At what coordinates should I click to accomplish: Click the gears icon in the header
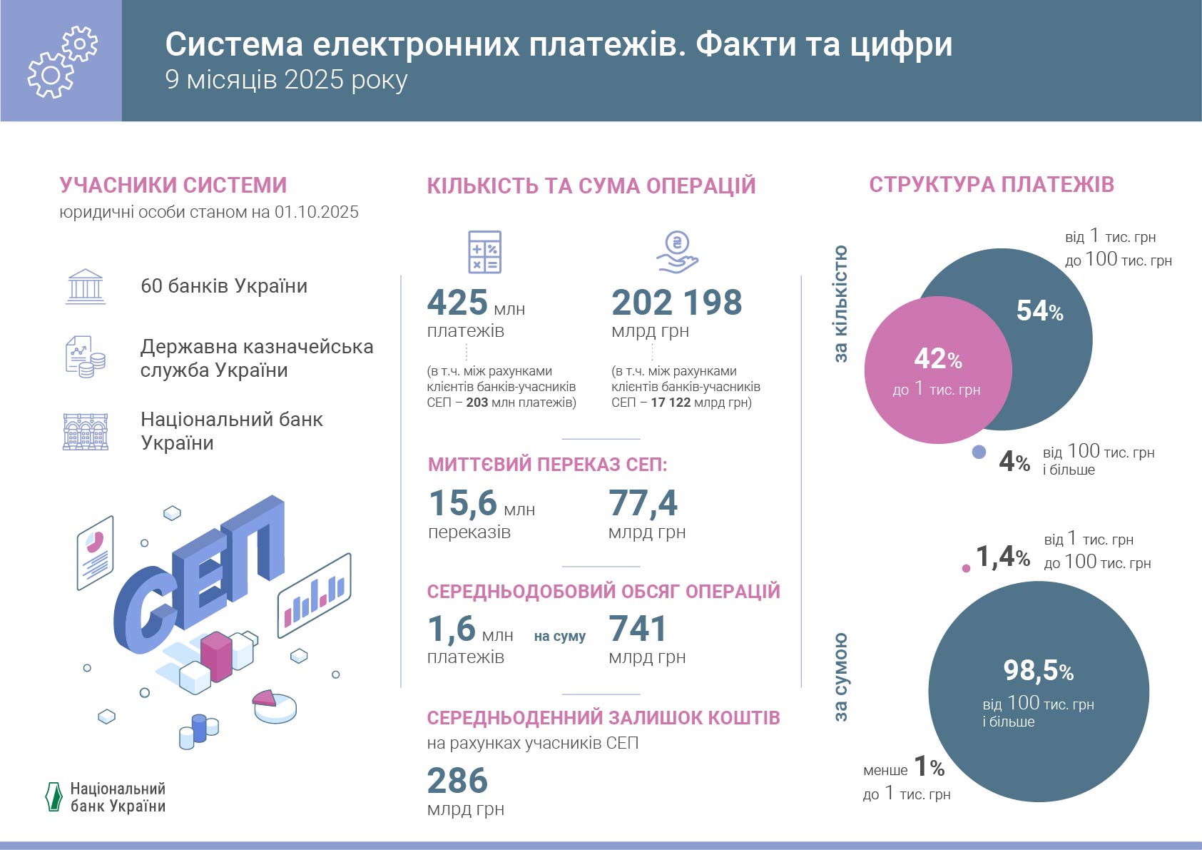point(61,61)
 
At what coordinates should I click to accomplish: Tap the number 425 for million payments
point(457,303)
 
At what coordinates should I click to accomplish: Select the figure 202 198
point(676,303)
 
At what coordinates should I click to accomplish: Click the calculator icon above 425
point(484,252)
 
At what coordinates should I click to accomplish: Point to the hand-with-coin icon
point(677,252)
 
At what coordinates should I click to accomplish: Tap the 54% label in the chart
point(1039,310)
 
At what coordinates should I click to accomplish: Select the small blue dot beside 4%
point(979,452)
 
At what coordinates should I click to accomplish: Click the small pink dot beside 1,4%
point(966,569)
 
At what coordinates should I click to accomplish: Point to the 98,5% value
point(1038,670)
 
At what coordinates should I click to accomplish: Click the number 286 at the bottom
point(457,781)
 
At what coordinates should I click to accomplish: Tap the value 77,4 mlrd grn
point(643,503)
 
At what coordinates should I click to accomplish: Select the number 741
point(638,629)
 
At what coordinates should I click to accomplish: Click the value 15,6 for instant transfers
point(462,503)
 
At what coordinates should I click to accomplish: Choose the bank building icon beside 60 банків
point(86,287)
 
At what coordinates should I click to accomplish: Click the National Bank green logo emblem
point(54,797)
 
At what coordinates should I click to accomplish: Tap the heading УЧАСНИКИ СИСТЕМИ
point(173,185)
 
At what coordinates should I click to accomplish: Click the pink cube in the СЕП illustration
point(216,655)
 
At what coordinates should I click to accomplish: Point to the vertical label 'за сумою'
point(841,677)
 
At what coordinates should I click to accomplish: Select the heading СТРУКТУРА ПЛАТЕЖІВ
point(991,184)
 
